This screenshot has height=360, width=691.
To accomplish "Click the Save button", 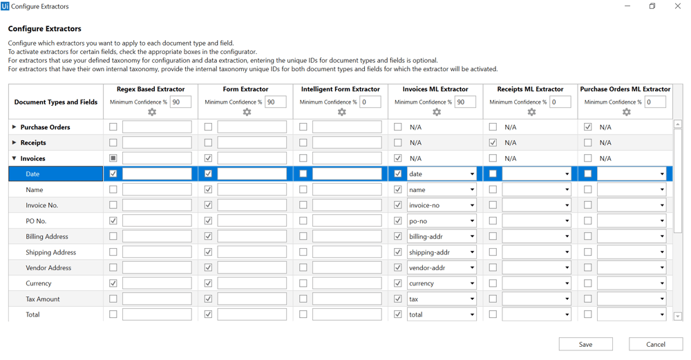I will click(585, 344).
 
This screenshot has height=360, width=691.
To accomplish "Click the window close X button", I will click(677, 6).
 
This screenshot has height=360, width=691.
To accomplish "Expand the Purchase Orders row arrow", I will click(15, 127).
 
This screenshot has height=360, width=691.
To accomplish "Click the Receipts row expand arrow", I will click(15, 143).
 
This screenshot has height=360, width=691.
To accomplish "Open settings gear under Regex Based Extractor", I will click(152, 113).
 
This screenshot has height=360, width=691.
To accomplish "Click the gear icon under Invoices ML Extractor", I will click(437, 113).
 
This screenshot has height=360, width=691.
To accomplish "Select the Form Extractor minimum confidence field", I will click(275, 102).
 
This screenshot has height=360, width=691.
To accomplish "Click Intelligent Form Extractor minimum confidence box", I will click(370, 102).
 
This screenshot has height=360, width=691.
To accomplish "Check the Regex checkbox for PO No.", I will click(113, 221).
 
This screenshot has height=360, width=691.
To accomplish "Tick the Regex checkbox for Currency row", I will click(113, 283).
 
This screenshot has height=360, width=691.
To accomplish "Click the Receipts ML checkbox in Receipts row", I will click(493, 143).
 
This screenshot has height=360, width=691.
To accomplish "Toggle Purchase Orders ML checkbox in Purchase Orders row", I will click(588, 127).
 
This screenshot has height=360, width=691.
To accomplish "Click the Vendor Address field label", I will click(48, 268).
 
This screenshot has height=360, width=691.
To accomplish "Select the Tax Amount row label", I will click(43, 299).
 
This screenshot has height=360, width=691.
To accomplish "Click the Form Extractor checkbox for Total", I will click(208, 314).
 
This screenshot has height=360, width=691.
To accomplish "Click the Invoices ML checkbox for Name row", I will click(398, 189).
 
